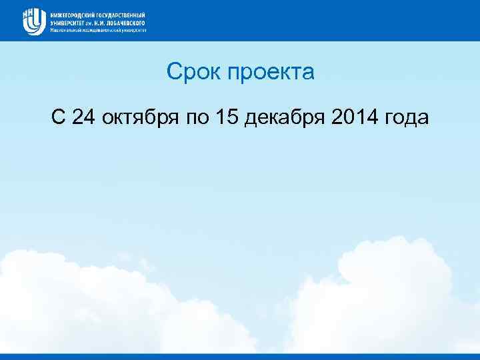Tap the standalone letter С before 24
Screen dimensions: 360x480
click(x=58, y=118)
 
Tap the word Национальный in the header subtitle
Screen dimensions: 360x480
click(x=65, y=29)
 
